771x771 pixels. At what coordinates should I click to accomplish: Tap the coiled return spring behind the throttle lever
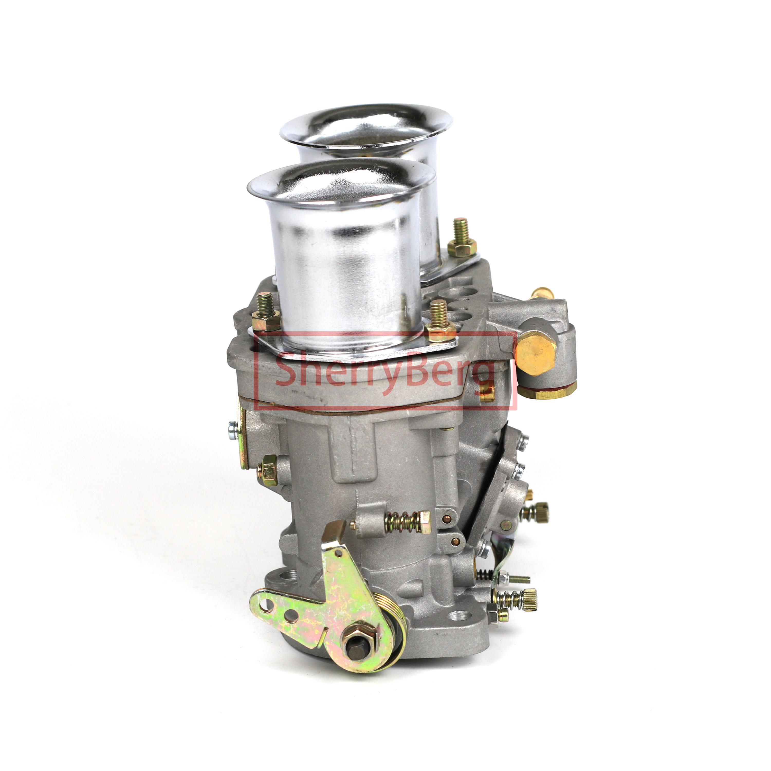tap(393, 635)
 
